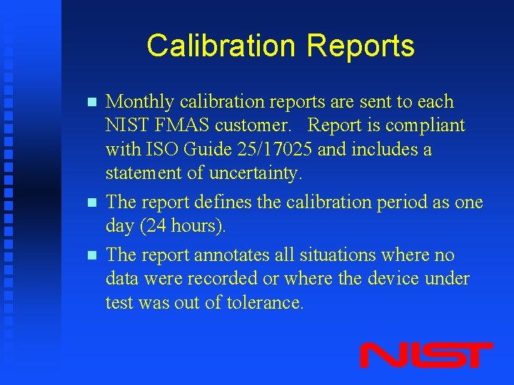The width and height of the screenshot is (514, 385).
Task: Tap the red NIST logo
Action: click(426, 355)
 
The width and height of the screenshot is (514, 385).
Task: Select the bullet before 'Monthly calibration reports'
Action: click(90, 103)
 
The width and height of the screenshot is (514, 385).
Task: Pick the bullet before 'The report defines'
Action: click(90, 202)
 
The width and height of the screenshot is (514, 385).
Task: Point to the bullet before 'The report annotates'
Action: click(90, 255)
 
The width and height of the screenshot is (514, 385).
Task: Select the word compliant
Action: click(425, 126)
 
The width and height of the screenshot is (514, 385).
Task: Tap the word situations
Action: click(338, 255)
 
